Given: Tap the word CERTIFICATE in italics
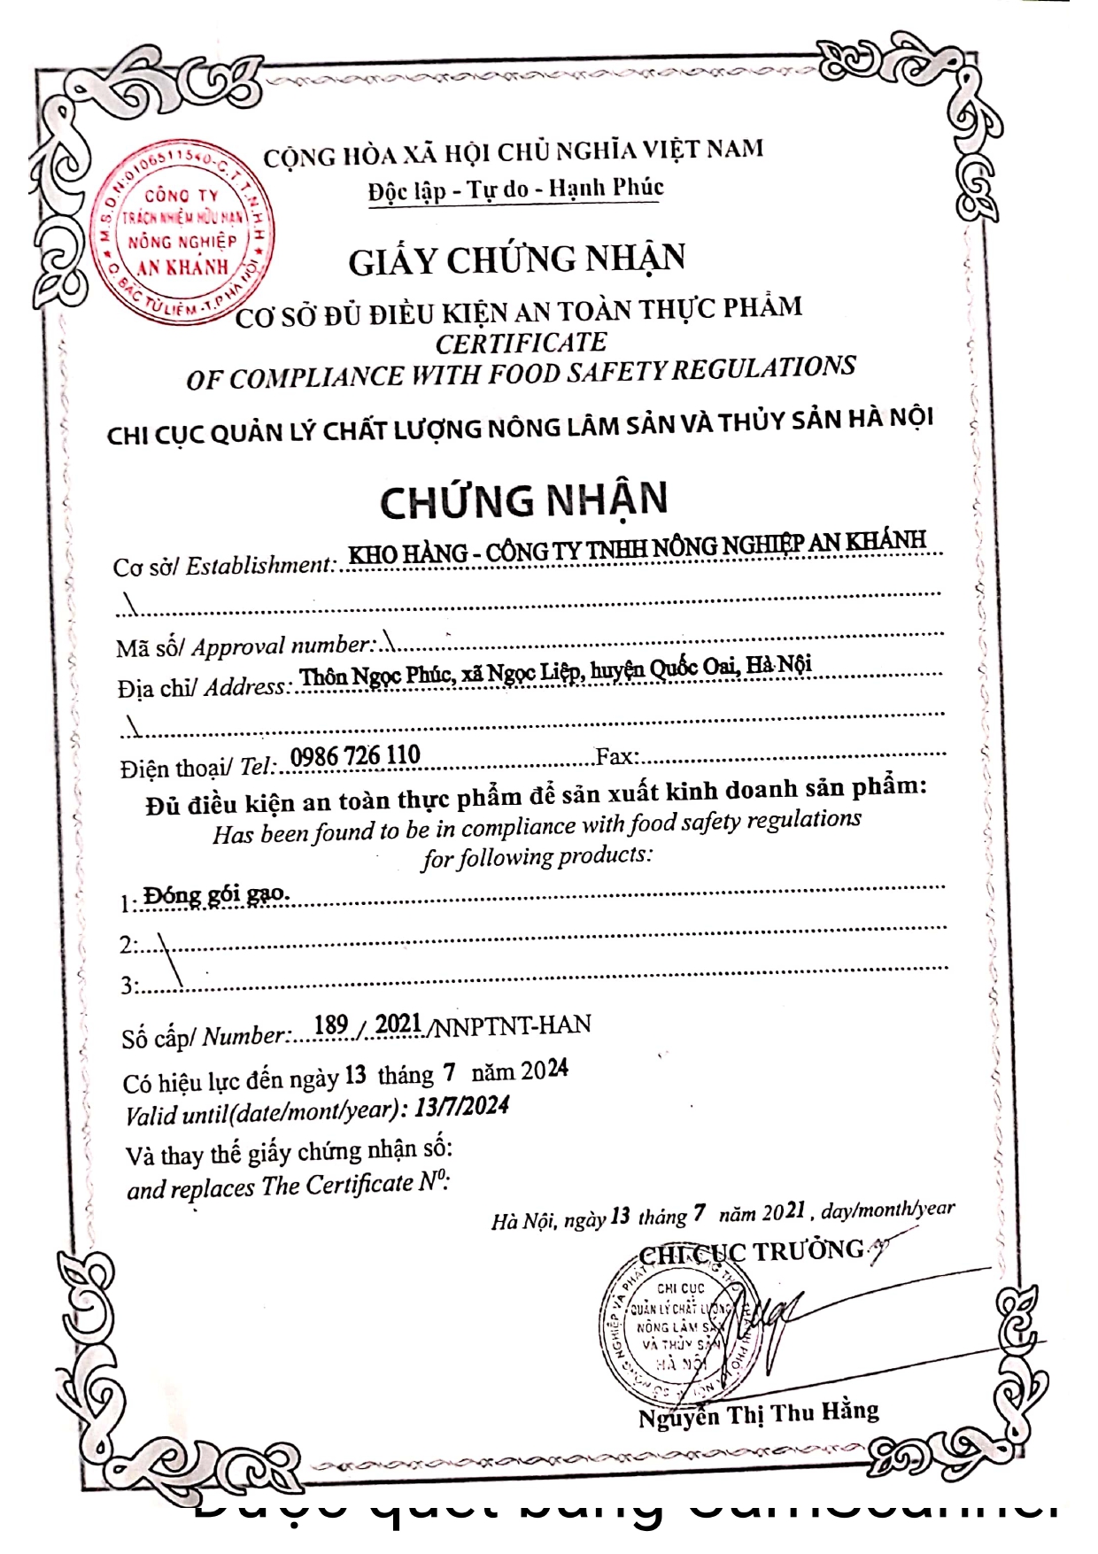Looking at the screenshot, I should coord(521,343).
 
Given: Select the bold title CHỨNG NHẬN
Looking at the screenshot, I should coord(523,501).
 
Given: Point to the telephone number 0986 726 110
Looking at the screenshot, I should coord(355,756).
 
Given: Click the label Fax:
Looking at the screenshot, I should coord(617,756).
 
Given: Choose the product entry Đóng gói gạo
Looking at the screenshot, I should coord(216,895).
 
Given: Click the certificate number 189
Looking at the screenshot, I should coord(330,1025).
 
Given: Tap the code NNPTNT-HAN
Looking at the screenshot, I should coord(512,1025).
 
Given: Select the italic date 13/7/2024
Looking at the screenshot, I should coord(461,1107).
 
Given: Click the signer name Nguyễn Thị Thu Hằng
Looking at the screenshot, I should coord(758,1414).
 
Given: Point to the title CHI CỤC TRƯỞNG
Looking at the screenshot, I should coord(751,1252).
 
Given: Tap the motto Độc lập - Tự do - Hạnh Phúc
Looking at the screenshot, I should coord(515,189).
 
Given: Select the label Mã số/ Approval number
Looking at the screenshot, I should coord(245,646).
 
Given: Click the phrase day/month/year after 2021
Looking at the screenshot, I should coord(887,1209).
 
